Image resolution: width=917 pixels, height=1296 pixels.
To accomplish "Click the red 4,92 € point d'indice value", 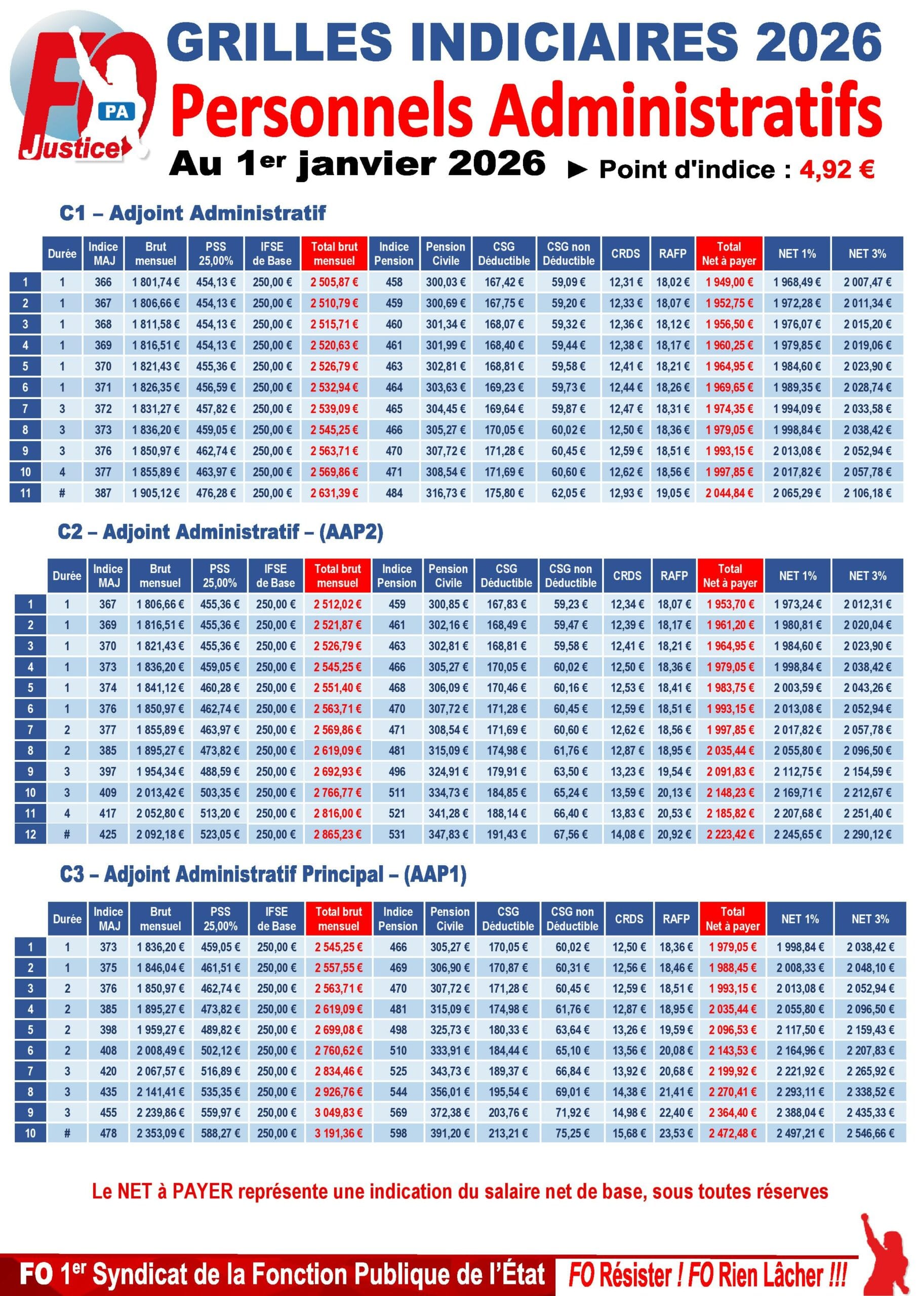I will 836,169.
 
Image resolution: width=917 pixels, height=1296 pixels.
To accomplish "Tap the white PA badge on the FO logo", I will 117,112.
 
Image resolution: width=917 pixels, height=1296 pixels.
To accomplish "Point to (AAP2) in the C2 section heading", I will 351,532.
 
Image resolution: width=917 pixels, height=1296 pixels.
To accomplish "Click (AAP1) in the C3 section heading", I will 435,874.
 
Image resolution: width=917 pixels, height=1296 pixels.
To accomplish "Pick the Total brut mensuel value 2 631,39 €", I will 334,493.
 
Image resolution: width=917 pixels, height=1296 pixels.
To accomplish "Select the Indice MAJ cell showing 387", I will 103,493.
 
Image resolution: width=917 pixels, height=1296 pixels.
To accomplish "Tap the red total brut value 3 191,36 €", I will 339,1133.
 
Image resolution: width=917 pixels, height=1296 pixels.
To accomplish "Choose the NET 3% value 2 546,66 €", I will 869,1133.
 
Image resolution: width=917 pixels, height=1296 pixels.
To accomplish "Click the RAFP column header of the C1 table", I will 672,254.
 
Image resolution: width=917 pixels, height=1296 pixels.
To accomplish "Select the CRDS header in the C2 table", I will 627,576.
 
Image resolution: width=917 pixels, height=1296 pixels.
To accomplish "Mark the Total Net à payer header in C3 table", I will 732,918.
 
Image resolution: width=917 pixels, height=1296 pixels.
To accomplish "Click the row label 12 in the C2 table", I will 30,834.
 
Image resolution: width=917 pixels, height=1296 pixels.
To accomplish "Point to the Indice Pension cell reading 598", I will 398,1133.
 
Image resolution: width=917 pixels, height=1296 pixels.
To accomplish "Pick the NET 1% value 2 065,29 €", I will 796,493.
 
